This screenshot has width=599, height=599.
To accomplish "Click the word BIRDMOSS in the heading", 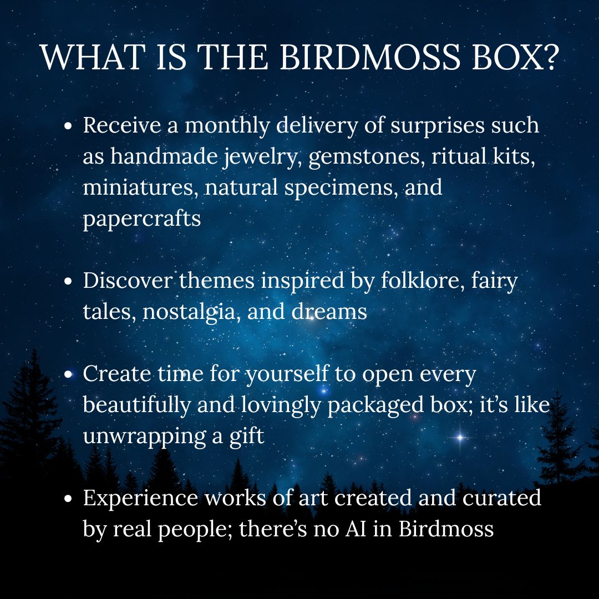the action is point(370,57).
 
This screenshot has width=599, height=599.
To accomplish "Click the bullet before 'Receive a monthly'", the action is point(68,126).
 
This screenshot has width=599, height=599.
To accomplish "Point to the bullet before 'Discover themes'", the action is point(68,281).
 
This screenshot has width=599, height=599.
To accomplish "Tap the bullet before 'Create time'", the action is point(68,374).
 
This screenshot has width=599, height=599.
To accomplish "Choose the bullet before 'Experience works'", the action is point(68,499).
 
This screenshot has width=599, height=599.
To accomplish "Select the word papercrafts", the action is point(142,219).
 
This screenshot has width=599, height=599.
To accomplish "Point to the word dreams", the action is point(329,311).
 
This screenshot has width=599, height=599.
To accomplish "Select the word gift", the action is point(247,436).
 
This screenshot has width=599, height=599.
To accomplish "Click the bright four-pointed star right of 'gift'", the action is point(460,437).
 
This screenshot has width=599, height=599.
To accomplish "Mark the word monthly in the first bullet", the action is point(227,126).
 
